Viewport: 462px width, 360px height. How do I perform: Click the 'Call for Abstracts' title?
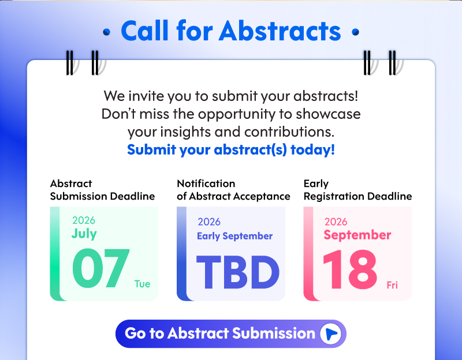[x=231, y=31]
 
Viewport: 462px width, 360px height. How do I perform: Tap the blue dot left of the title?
[x=107, y=32]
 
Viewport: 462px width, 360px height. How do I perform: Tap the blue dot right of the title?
[x=356, y=32]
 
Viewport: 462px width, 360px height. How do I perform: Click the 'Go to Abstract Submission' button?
[x=230, y=333]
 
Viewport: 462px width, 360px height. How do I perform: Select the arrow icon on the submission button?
[x=330, y=333]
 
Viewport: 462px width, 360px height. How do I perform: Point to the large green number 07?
[x=100, y=268]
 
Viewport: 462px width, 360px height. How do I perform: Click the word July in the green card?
[x=84, y=234]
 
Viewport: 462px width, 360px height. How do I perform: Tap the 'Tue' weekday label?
[x=142, y=284]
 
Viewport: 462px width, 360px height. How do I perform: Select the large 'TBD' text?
[x=237, y=272]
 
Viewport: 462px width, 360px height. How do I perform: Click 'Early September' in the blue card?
[x=235, y=236]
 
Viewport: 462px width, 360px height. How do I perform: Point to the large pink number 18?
[x=350, y=269]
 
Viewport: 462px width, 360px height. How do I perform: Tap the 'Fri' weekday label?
[x=392, y=285]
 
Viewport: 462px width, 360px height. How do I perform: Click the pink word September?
[x=357, y=235]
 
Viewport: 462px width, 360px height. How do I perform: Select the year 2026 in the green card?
[x=84, y=220]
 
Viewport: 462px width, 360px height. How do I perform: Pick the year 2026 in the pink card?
[x=336, y=222]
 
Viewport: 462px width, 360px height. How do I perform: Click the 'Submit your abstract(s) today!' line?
[x=231, y=149]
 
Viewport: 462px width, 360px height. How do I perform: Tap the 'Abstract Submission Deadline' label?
[x=102, y=190]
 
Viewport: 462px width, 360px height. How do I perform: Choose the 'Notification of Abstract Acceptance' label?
[x=233, y=190]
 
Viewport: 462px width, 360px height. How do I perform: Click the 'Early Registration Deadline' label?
[x=357, y=190]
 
